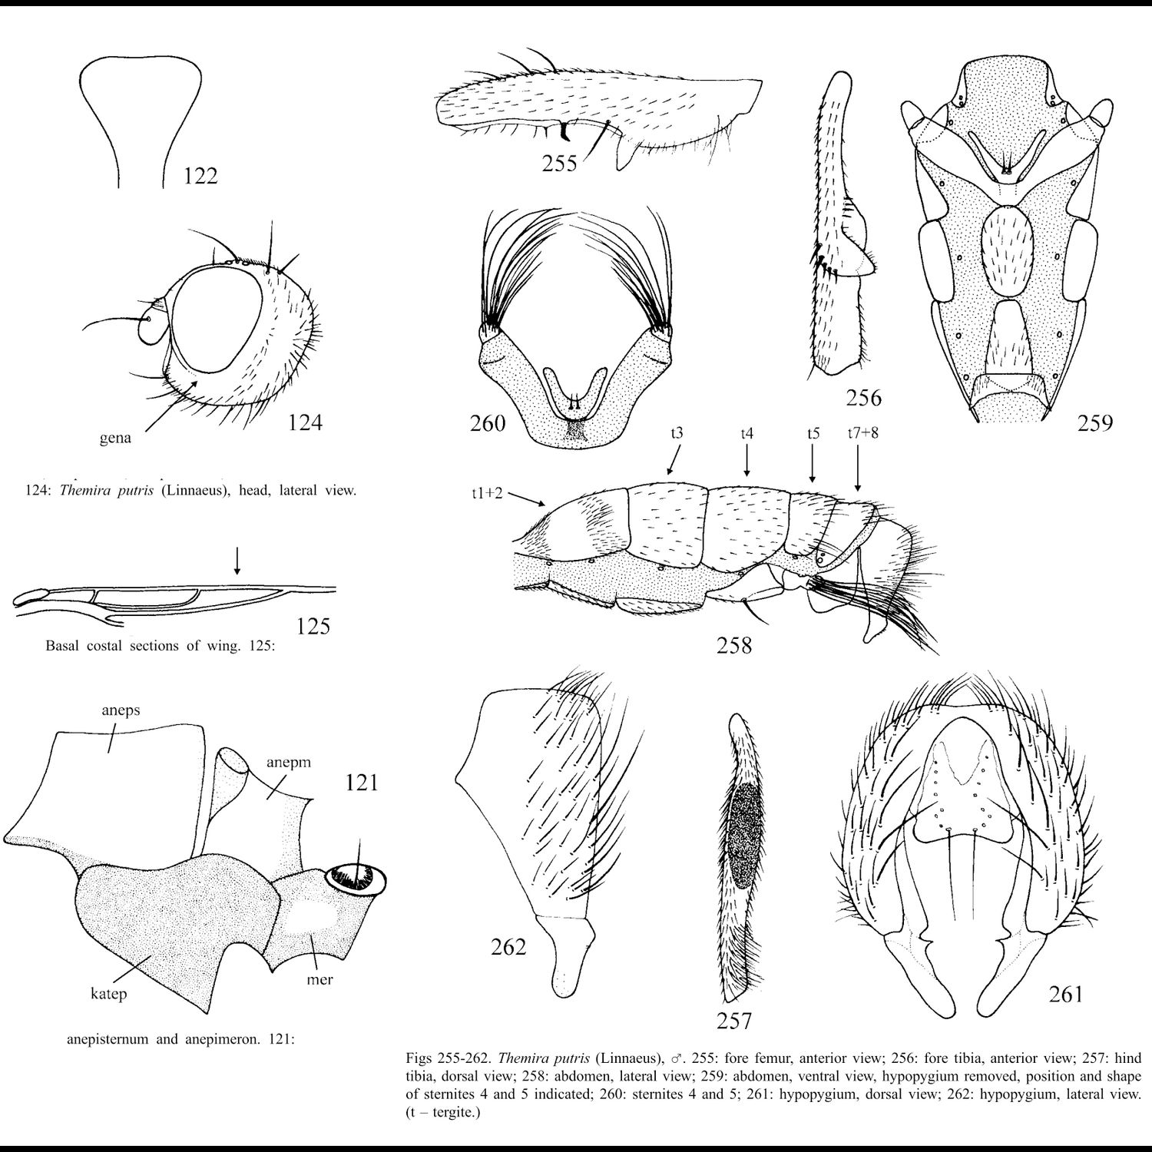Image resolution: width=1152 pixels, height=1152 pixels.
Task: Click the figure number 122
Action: tap(200, 176)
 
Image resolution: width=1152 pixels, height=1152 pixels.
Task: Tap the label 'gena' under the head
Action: tap(114, 439)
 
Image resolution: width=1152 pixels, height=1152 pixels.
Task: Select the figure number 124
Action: tap(305, 422)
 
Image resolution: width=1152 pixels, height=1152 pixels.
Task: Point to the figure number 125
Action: tap(313, 626)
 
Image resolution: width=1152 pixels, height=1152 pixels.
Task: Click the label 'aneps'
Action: tap(121, 710)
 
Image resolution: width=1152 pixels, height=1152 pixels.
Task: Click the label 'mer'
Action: tap(319, 979)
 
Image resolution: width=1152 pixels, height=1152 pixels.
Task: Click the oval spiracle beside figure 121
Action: tap(357, 879)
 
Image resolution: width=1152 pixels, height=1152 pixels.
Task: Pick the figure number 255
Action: tap(559, 164)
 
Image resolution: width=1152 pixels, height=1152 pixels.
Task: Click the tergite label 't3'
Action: tap(677, 433)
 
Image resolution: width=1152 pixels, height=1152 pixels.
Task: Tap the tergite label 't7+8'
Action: tap(862, 433)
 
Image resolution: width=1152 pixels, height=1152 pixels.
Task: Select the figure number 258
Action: tap(733, 645)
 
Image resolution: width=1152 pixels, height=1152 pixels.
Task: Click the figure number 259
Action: tap(1094, 422)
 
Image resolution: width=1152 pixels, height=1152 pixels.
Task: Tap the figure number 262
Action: tap(508, 947)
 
